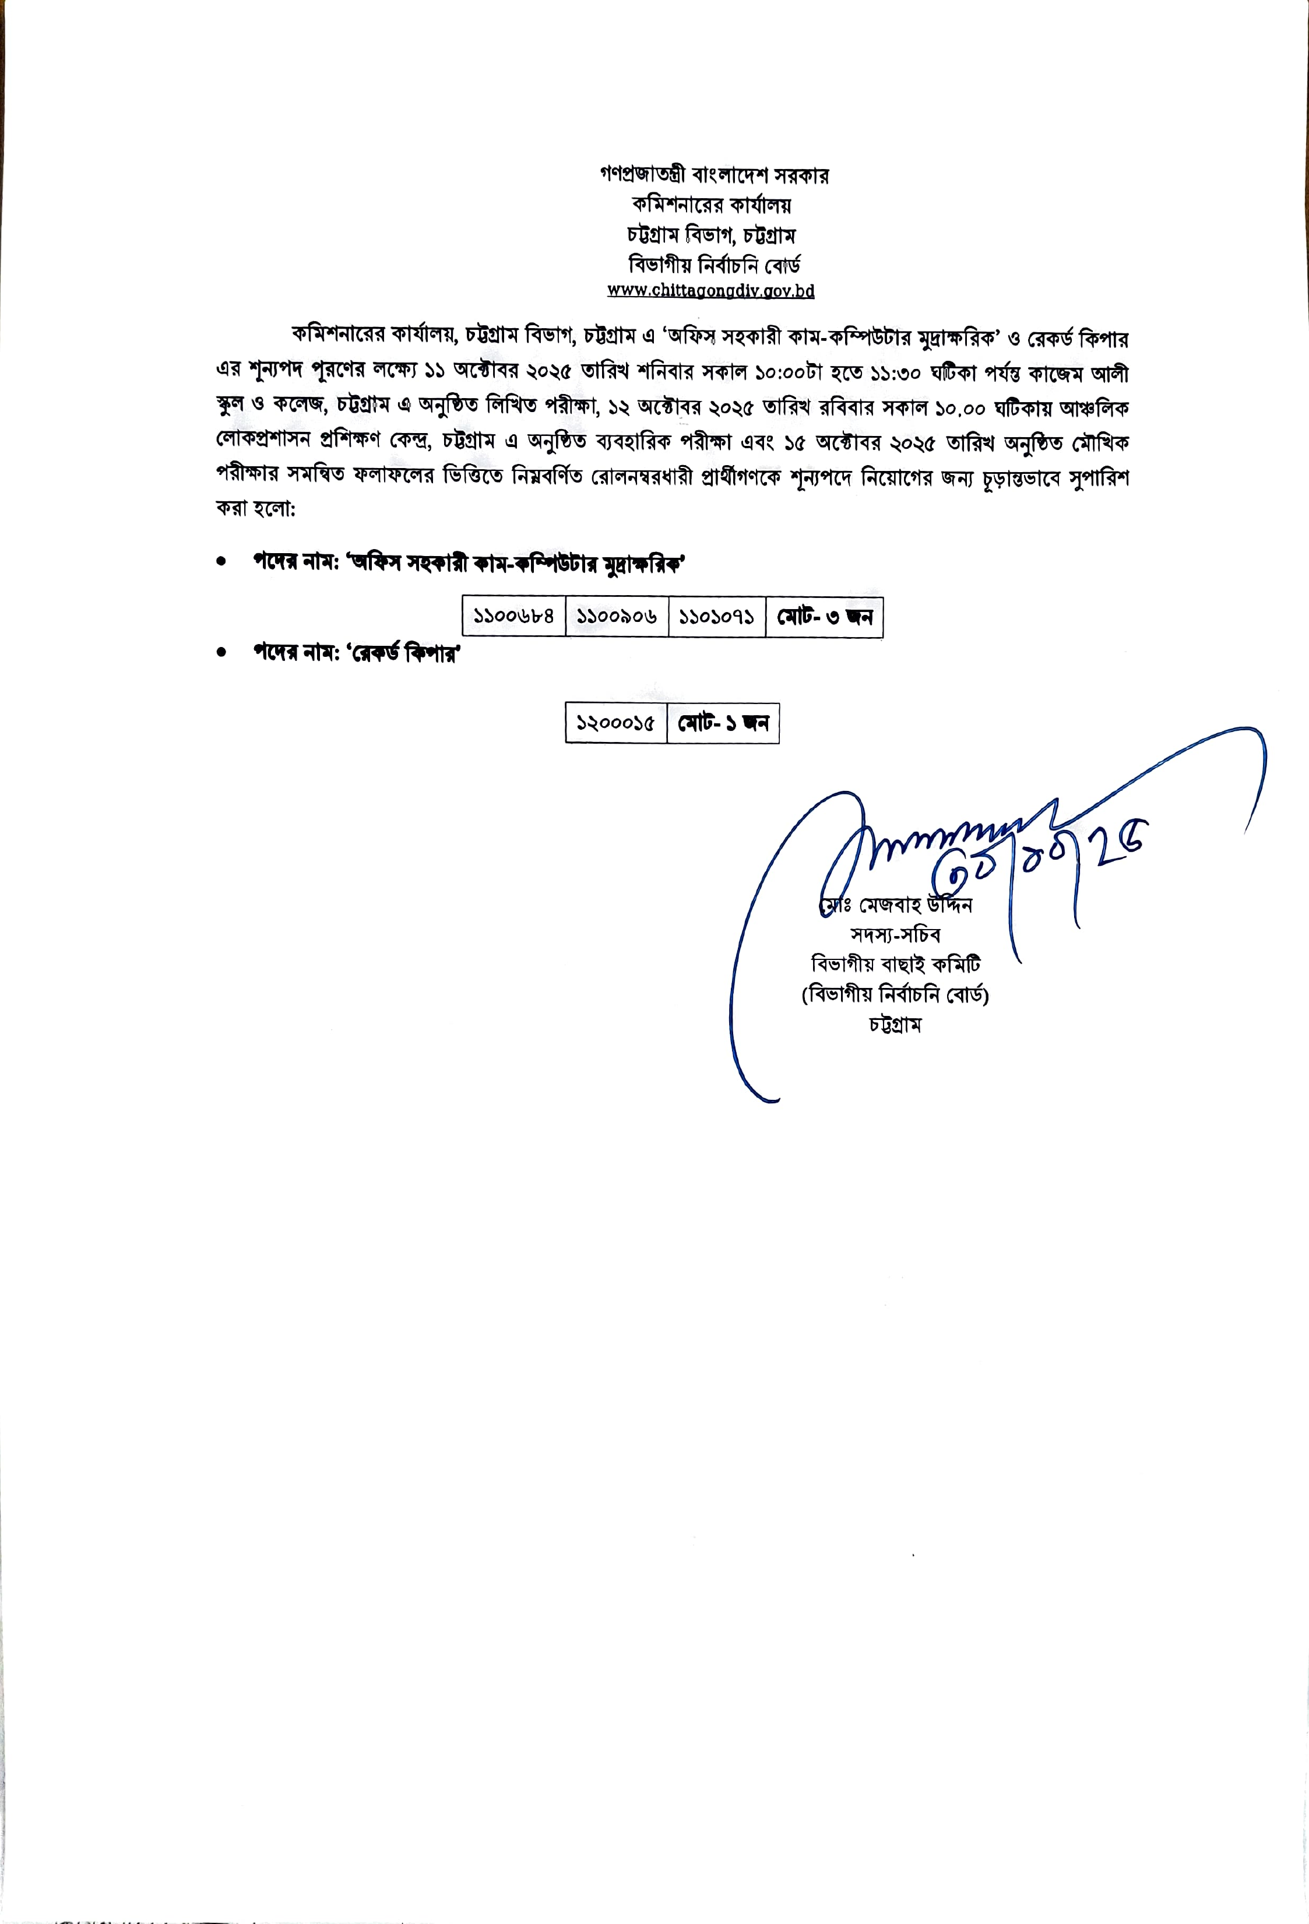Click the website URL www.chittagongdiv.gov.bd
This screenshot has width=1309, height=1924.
pyautogui.click(x=710, y=291)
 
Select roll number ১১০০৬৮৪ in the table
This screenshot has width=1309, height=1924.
pyautogui.click(x=513, y=617)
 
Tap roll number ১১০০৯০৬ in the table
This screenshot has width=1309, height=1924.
pyautogui.click(x=617, y=617)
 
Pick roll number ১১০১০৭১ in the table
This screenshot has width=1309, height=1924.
pyautogui.click(x=716, y=617)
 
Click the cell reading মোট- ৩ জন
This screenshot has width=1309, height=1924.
pyautogui.click(x=825, y=617)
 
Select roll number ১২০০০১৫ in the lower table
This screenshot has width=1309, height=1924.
pyautogui.click(x=616, y=723)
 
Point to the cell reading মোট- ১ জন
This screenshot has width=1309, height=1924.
pyautogui.click(x=723, y=723)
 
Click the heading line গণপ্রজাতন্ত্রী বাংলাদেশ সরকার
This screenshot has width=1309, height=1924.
pyautogui.click(x=714, y=175)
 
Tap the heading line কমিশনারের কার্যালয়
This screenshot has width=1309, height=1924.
pyautogui.click(x=711, y=205)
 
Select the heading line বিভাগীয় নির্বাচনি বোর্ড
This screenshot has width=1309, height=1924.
pyautogui.click(x=714, y=266)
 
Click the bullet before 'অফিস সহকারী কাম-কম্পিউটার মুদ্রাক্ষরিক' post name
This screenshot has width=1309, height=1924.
pyautogui.click(x=221, y=562)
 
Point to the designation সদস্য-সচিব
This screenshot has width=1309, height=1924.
pyautogui.click(x=895, y=935)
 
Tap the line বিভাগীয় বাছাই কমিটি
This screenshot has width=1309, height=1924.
pyautogui.click(x=895, y=965)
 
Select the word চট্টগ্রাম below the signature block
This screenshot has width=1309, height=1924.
pyautogui.click(x=895, y=1025)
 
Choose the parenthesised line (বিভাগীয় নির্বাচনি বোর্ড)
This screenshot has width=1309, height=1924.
pyautogui.click(x=895, y=994)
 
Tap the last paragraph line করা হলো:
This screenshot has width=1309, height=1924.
pyautogui.click(x=256, y=508)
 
